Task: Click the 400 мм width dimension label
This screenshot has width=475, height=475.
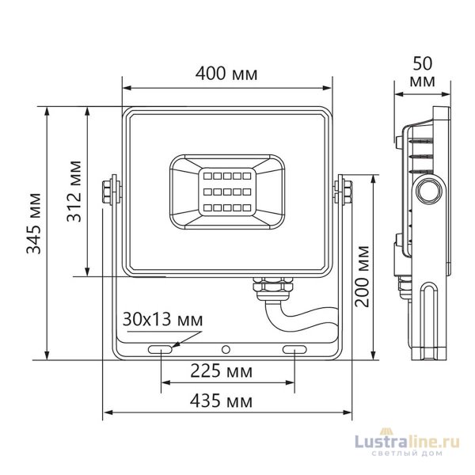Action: pos(226,74)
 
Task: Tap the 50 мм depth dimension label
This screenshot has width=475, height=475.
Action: pos(423,70)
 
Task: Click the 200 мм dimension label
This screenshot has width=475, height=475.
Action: pos(363,275)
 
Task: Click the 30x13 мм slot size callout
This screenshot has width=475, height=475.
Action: pos(162,320)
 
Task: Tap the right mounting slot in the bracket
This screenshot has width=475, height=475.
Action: pos(294,349)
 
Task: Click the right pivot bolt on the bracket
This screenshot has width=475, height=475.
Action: pos(345,192)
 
